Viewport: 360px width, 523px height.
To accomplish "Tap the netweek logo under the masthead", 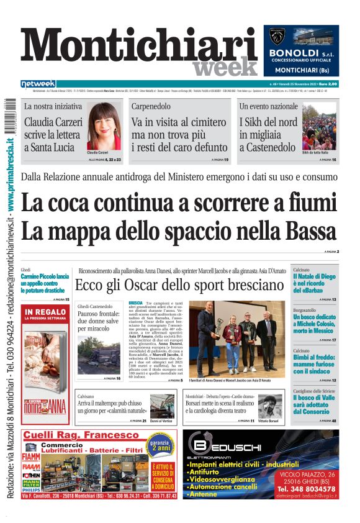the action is pyautogui.click(x=38, y=83).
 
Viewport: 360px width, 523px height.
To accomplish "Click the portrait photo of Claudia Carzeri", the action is pyautogui.click(x=104, y=127).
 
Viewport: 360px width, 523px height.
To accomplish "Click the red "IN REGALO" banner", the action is pyautogui.click(x=45, y=313).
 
